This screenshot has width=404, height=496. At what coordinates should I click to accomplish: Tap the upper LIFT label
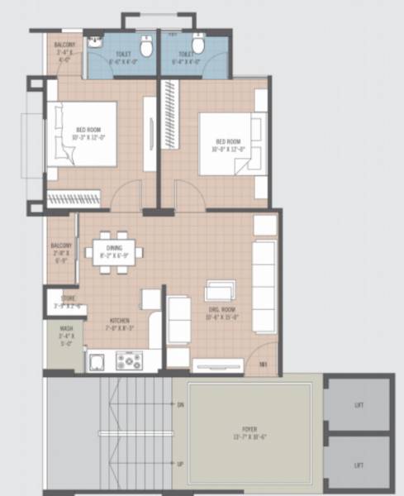click(359, 406)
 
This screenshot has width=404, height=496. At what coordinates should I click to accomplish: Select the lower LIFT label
click(359, 465)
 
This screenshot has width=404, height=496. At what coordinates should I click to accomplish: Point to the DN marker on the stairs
click(180, 404)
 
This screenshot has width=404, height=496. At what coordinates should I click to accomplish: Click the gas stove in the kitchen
click(128, 360)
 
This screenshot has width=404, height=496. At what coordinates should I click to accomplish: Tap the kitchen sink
click(97, 360)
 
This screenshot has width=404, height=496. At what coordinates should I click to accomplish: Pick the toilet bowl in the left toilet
click(146, 48)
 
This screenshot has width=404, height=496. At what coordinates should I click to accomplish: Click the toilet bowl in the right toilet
click(199, 48)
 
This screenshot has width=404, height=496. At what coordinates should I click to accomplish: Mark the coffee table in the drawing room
click(221, 291)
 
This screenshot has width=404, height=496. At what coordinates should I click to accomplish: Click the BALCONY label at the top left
click(65, 44)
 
